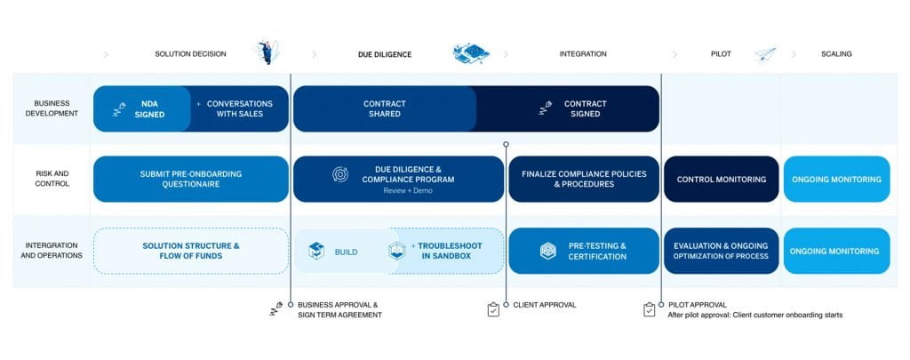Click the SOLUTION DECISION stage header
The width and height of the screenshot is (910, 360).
click(190, 54)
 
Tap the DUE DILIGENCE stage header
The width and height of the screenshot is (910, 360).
click(379, 54)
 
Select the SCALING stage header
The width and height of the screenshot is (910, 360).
click(836, 54)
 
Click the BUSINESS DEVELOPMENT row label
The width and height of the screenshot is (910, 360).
click(52, 108)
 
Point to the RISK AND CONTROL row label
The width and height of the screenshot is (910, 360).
click(52, 179)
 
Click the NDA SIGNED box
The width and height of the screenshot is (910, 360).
click(142, 108)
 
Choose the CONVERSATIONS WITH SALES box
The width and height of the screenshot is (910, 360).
click(239, 108)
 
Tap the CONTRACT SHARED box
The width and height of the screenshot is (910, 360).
click(384, 108)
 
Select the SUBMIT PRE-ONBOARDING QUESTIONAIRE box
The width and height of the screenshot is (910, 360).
click(190, 179)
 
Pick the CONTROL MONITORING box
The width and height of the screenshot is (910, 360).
click(721, 179)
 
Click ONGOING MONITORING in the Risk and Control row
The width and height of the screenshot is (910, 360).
click(835, 179)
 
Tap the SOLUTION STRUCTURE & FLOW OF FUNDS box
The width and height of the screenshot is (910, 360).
click(190, 251)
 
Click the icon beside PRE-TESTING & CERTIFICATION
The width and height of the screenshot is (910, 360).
click(547, 252)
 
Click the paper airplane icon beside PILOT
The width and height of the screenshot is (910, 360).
click(764, 55)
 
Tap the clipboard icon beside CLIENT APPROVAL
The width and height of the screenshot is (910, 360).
click(494, 309)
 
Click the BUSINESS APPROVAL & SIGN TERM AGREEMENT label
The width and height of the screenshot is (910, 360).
click(337, 309)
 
